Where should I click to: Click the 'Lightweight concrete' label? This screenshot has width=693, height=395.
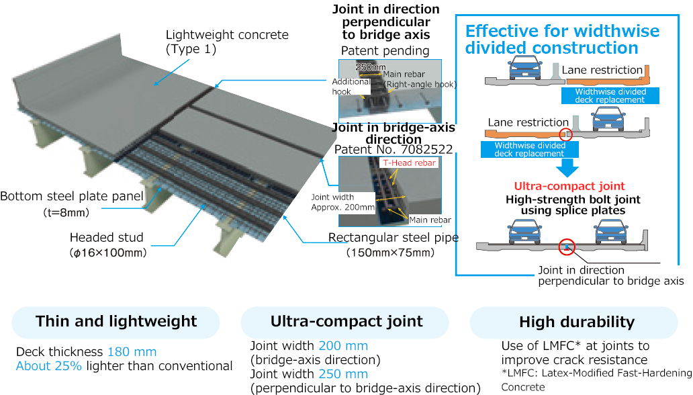tap(227, 35)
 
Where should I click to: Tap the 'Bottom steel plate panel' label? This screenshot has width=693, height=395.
tap(72, 196)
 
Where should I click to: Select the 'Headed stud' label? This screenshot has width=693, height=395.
tap(108, 237)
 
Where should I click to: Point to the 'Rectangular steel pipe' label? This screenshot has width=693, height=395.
tap(393, 237)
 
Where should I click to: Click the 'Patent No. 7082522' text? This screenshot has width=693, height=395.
tap(393, 149)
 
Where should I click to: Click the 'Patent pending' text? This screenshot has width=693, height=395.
tap(385, 50)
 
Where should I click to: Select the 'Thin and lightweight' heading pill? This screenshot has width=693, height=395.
tap(116, 322)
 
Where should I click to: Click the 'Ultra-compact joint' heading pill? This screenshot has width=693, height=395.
tap(346, 322)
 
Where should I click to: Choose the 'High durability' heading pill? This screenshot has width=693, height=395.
tap(576, 322)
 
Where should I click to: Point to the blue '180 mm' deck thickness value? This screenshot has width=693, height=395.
tap(132, 352)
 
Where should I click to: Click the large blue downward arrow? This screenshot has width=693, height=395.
tap(570, 167)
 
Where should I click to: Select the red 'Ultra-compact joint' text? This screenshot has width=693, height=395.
tap(569, 186)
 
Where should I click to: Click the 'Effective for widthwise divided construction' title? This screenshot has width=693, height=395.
tap(562, 40)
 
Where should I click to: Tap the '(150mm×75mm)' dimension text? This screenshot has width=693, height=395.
tap(390, 253)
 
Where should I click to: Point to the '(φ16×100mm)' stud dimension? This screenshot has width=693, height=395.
tap(107, 253)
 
